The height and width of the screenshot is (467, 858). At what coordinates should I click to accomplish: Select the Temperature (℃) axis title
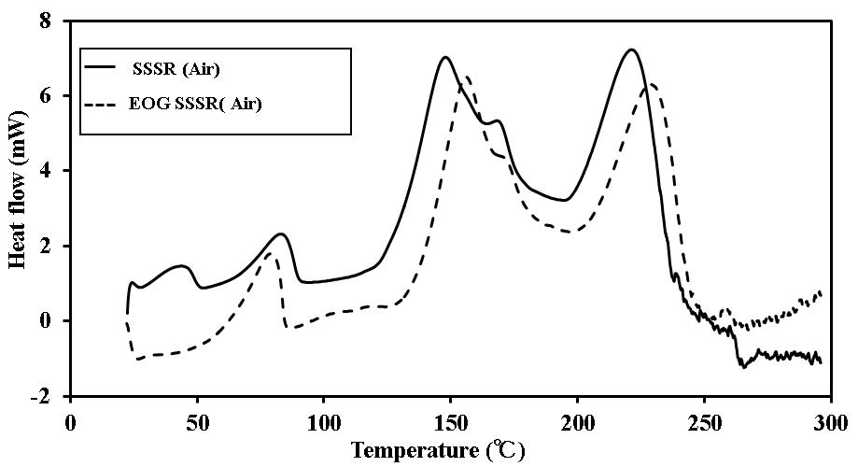(x=438, y=450)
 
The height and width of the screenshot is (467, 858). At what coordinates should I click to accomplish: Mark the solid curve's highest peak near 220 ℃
(x=632, y=50)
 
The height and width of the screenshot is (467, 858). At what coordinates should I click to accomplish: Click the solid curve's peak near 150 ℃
(x=445, y=57)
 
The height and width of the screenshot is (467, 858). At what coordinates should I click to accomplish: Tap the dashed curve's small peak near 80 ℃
(x=270, y=253)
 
